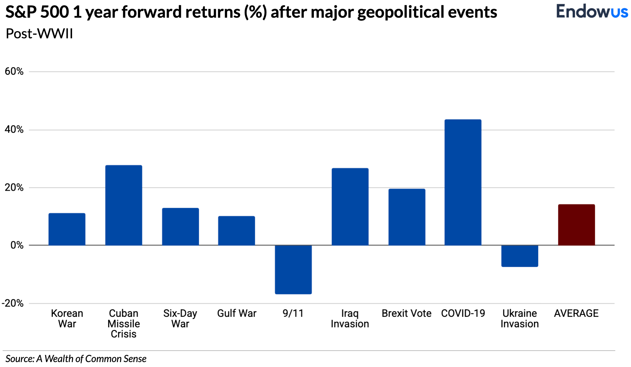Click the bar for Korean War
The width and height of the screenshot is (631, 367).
tap(67, 229)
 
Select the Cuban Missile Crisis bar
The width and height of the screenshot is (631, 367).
tap(124, 205)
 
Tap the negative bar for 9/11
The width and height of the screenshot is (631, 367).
tap(293, 269)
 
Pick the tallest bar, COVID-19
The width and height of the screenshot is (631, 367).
tap(463, 182)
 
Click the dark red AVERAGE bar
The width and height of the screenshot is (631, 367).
tap(576, 225)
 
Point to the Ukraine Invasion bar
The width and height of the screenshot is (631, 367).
tap(520, 256)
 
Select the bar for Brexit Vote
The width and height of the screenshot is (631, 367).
tap(407, 217)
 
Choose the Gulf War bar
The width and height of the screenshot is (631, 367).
tap(237, 231)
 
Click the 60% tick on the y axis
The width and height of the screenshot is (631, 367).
tap(14, 71)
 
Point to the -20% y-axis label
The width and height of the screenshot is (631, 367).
tap(13, 303)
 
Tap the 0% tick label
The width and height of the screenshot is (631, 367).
tap(17, 245)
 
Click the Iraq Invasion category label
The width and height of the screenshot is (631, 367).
tap(350, 319)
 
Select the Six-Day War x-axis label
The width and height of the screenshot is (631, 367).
tap(180, 319)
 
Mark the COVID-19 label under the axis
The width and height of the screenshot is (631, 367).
tap(463, 313)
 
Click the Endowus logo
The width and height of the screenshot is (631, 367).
tap(592, 12)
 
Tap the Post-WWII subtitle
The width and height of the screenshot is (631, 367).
tap(39, 34)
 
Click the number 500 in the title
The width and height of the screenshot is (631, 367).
tap(55, 12)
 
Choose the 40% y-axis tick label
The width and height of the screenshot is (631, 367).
tap(14, 130)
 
